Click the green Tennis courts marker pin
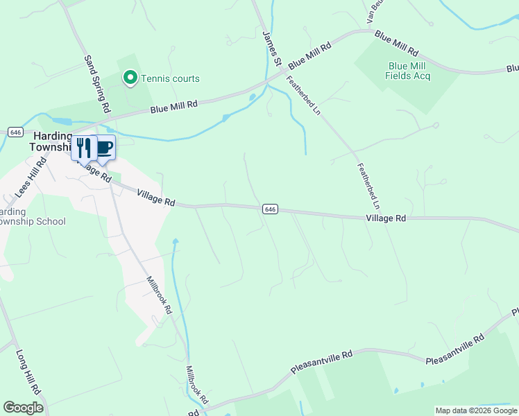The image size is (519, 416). (x=130, y=78)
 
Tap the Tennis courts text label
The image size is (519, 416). (x=171, y=78)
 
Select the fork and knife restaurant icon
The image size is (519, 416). (x=83, y=148)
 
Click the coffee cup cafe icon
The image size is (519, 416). (x=104, y=147)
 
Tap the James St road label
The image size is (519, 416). (x=271, y=49)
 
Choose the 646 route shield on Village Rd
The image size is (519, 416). (x=271, y=209)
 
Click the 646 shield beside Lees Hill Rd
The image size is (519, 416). (x=16, y=132)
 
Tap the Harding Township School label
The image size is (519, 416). (x=32, y=216)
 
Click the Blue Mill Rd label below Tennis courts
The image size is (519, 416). (x=174, y=105)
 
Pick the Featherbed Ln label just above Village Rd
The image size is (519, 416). (x=368, y=186)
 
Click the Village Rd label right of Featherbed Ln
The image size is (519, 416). (x=385, y=218)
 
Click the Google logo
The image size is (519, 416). (x=23, y=408)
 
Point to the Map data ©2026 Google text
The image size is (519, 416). (x=476, y=410)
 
